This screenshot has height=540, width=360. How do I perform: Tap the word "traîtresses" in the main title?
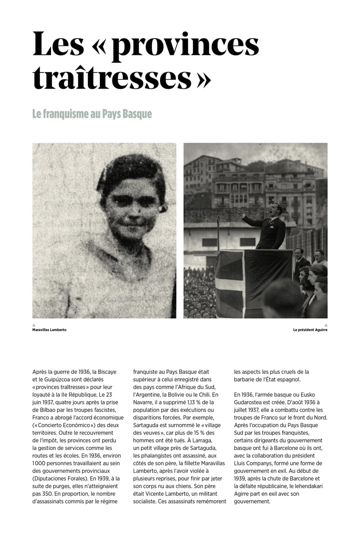(x=112, y=77)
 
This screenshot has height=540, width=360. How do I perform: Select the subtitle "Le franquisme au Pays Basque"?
(x=92, y=114)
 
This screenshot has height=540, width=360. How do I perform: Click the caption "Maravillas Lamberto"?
(x=49, y=330)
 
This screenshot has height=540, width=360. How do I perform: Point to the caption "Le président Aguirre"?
(x=310, y=330)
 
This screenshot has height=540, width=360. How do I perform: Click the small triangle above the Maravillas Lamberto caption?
(x=34, y=325)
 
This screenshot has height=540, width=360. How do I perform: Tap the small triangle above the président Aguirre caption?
(x=326, y=325)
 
